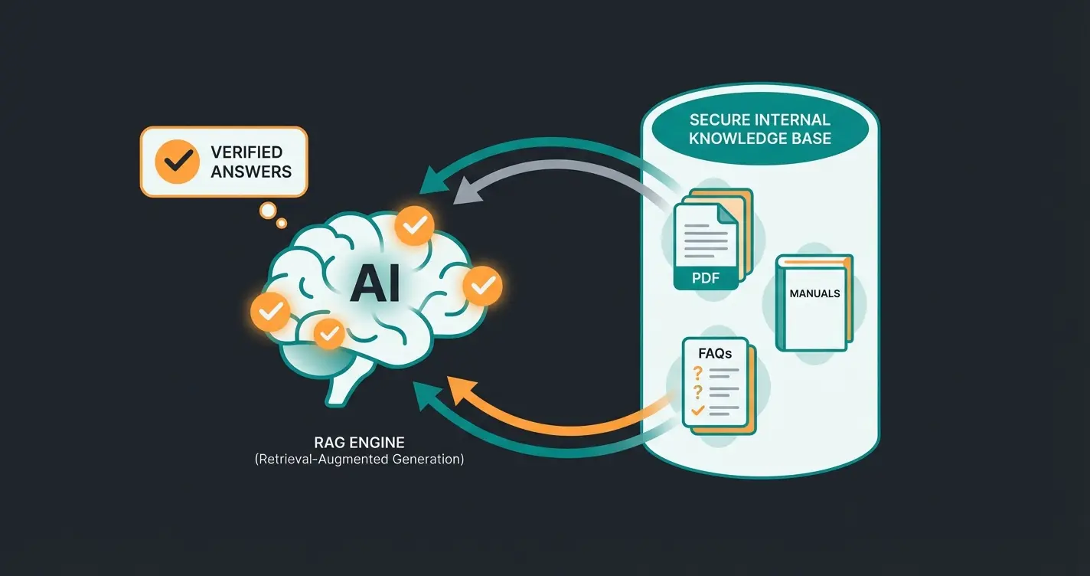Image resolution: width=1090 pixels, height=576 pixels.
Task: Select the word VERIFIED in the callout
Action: click(x=246, y=152)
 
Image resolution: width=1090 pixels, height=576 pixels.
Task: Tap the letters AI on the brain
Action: click(x=374, y=285)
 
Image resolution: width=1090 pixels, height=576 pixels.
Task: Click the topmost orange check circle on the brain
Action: click(x=414, y=225)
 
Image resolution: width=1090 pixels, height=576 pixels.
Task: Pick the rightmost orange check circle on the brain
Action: click(x=482, y=286)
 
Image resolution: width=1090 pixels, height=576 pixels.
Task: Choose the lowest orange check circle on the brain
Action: click(x=329, y=332)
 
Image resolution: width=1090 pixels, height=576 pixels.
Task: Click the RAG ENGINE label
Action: click(x=359, y=443)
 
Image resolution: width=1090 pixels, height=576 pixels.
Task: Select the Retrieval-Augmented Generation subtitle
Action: click(x=359, y=460)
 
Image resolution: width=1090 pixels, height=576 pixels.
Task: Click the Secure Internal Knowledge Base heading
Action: click(x=759, y=129)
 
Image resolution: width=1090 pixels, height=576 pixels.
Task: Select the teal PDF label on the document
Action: click(x=705, y=277)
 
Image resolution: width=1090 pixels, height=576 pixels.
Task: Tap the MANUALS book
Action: click(x=814, y=302)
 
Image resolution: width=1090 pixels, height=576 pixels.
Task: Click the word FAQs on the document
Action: click(x=714, y=353)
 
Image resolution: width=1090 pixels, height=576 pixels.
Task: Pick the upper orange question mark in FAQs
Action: click(x=697, y=372)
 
